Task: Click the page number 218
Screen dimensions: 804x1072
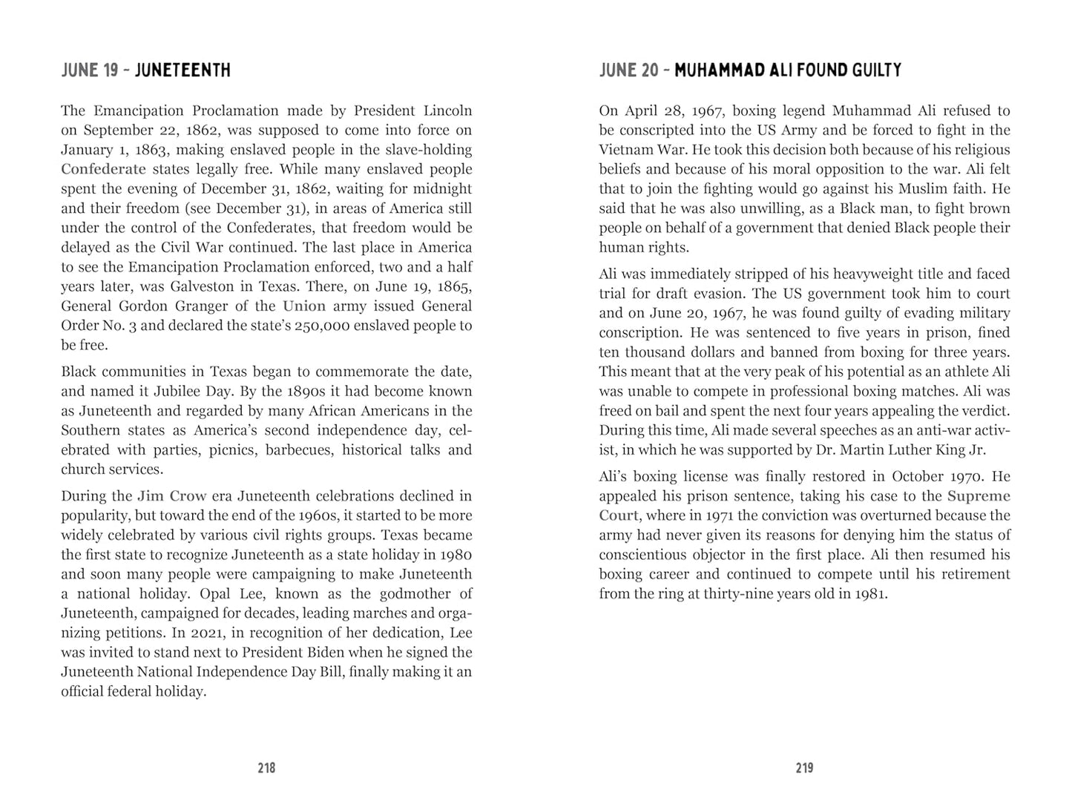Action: (x=266, y=768)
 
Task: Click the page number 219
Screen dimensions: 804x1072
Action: (x=804, y=768)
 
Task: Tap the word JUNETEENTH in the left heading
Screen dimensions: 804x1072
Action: (x=183, y=70)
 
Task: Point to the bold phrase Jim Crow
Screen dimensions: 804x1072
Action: (x=171, y=496)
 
